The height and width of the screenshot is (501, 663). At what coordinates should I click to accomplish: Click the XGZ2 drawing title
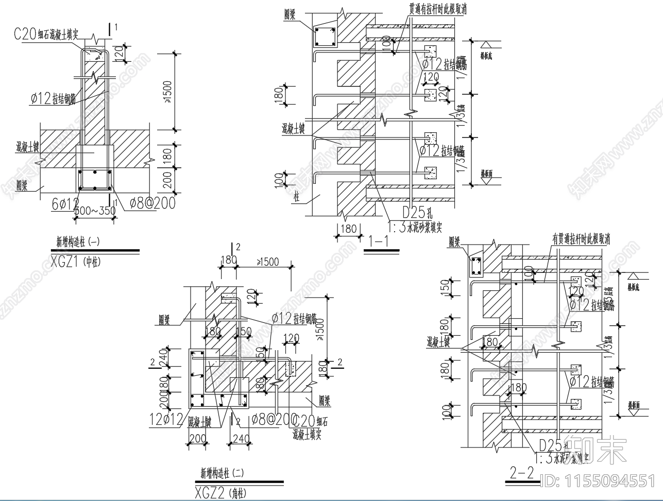(209, 493)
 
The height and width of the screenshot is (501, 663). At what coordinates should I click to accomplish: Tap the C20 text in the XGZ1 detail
(24, 34)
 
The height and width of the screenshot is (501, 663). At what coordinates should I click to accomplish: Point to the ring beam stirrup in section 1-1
(325, 37)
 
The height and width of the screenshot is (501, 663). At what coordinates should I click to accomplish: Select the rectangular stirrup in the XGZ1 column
(95, 180)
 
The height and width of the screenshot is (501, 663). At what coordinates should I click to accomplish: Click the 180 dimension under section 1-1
(348, 228)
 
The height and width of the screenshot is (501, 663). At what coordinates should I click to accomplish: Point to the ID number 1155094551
(600, 481)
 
